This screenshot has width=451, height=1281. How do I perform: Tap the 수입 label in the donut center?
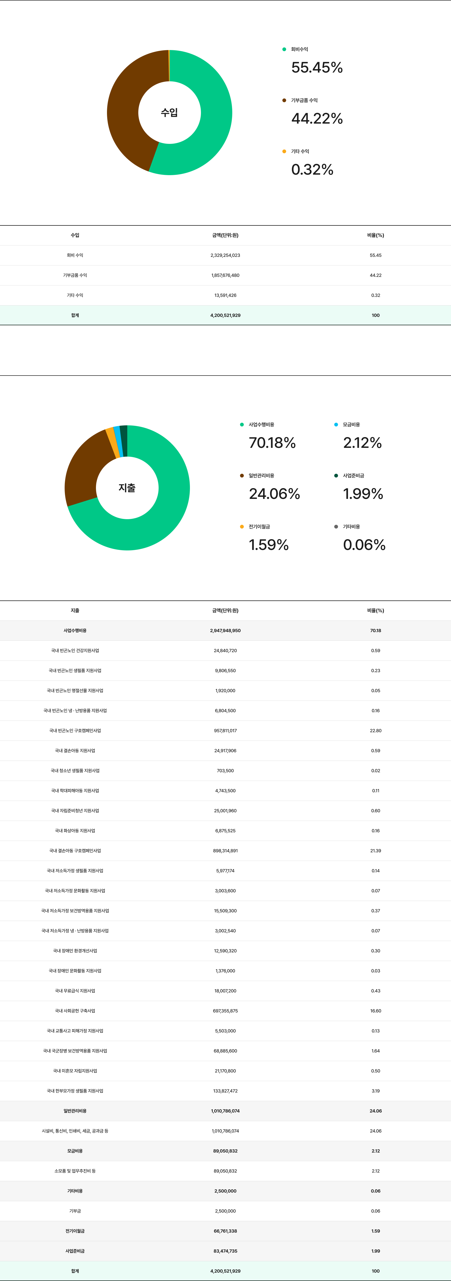[169, 112]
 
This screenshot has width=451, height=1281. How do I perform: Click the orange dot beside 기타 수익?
[284, 151]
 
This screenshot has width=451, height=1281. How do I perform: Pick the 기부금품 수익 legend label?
[304, 100]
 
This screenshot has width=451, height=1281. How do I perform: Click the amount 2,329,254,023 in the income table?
[225, 255]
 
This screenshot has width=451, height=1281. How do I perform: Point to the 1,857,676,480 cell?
[225, 275]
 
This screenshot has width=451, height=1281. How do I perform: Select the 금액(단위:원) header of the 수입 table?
[225, 235]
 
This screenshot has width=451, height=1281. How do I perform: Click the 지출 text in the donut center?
[127, 488]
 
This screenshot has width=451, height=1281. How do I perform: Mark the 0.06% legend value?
[364, 544]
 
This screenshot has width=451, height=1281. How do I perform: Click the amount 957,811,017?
[225, 731]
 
